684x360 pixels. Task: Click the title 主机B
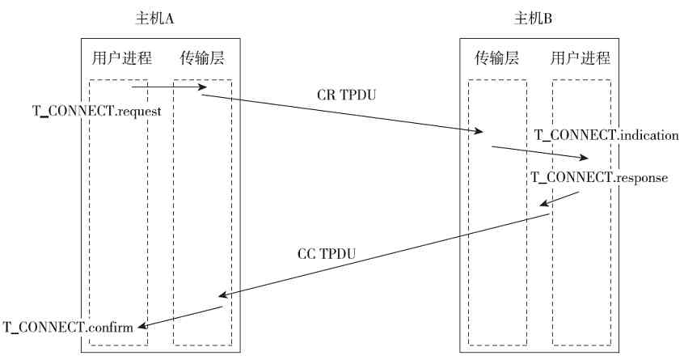[534, 18]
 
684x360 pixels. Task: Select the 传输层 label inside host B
[496, 58]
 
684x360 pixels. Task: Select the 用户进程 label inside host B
[580, 58]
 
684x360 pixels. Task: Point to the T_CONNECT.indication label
[606, 135]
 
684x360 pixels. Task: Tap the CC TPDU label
[327, 254]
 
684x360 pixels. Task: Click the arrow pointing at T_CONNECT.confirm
[180, 317]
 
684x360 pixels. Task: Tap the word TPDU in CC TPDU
[338, 254]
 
